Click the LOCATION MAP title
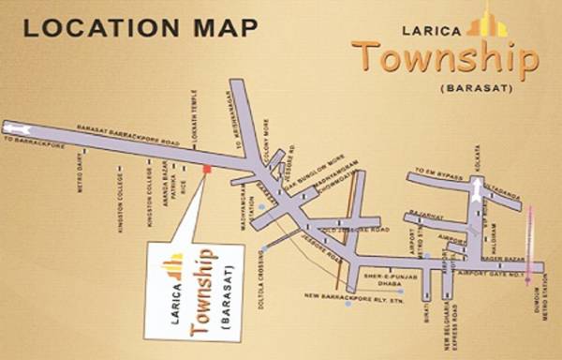point(140,27)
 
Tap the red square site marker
point(206,169)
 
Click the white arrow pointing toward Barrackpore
point(17,126)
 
